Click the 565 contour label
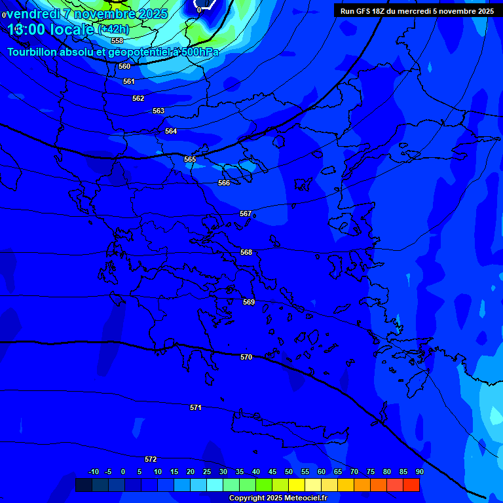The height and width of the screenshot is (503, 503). (x=190, y=159)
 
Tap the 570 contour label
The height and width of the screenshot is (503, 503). (x=246, y=357)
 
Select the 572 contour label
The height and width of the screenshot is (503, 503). (x=151, y=459)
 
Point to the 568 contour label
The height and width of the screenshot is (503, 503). (x=246, y=252)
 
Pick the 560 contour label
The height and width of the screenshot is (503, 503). (x=124, y=66)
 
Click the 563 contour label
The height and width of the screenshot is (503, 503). (x=158, y=111)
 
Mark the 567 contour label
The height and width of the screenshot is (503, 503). (x=246, y=214)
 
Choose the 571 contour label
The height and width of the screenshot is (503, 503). (x=196, y=407)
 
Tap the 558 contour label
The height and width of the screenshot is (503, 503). (x=117, y=41)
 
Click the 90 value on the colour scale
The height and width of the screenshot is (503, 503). (x=419, y=472)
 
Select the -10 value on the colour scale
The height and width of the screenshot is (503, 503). (x=94, y=472)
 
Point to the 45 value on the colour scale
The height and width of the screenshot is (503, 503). (x=272, y=472)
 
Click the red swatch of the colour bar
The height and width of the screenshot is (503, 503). (x=411, y=485)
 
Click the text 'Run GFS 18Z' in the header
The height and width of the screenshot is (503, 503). (x=363, y=11)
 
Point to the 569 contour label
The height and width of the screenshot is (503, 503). (x=249, y=302)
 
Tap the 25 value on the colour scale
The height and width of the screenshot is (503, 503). (x=207, y=472)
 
